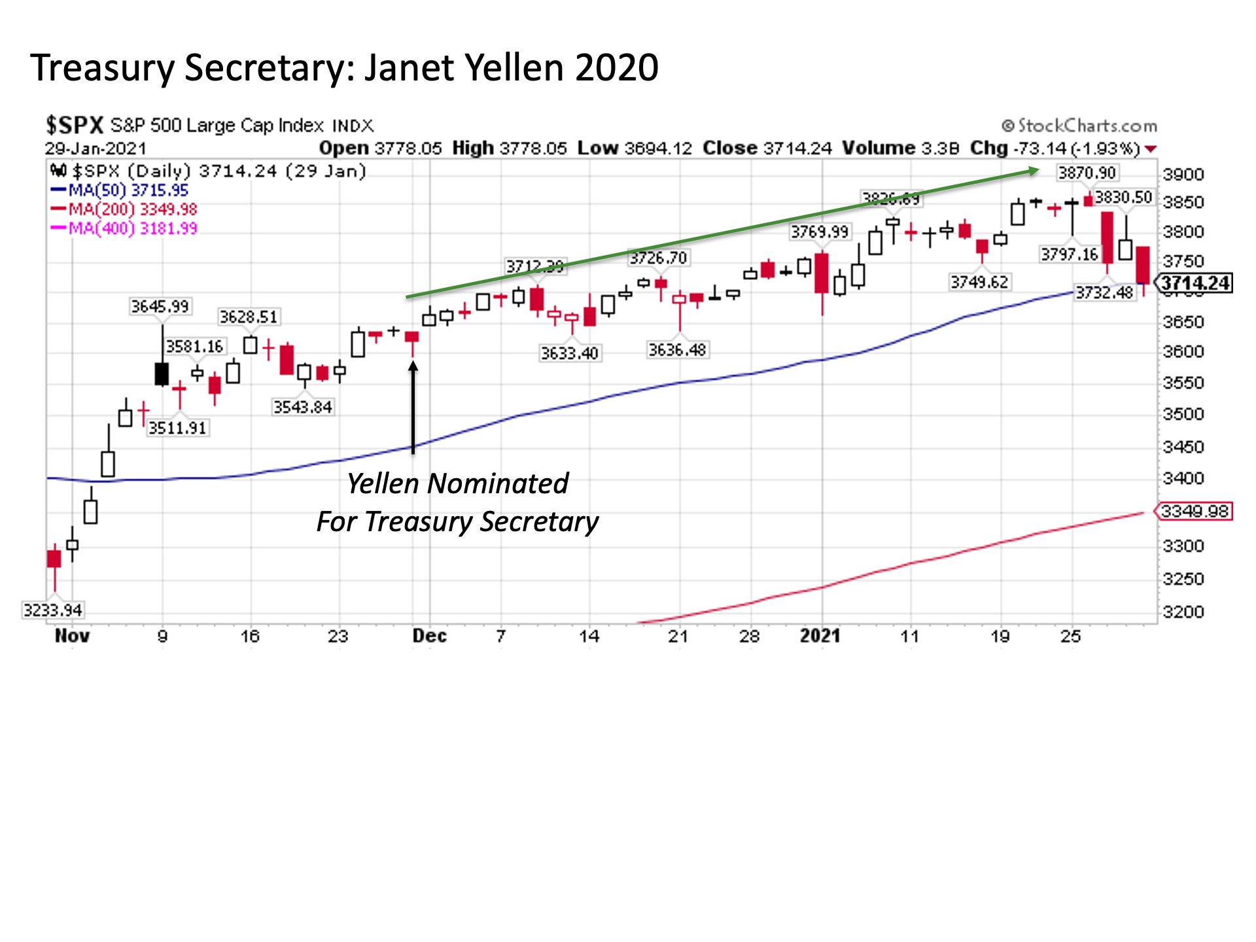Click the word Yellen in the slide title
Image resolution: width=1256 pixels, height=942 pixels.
[514, 68]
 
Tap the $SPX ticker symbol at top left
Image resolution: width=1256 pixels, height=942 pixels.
[75, 125]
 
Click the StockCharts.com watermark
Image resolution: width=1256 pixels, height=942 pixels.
[1079, 126]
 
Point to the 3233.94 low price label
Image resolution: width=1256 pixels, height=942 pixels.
[53, 610]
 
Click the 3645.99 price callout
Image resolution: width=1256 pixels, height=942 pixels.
[160, 306]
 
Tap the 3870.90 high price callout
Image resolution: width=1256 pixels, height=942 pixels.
[1087, 173]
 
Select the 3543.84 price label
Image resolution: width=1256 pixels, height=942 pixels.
[302, 407]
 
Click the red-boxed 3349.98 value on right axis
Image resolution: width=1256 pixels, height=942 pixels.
[1195, 511]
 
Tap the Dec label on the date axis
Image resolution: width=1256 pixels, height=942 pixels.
[429, 636]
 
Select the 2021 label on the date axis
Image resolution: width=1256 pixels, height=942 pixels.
[820, 636]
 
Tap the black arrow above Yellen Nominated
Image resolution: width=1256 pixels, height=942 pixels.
[413, 406]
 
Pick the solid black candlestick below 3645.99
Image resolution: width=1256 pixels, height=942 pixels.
[162, 374]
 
